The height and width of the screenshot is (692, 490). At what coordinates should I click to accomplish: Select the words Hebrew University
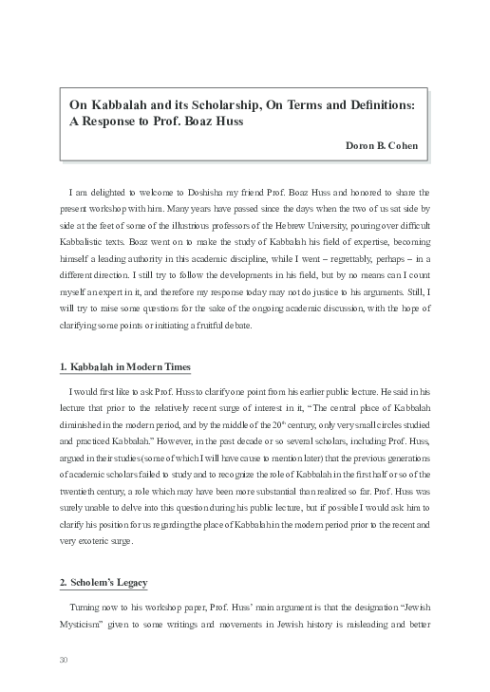coord(327,214)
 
